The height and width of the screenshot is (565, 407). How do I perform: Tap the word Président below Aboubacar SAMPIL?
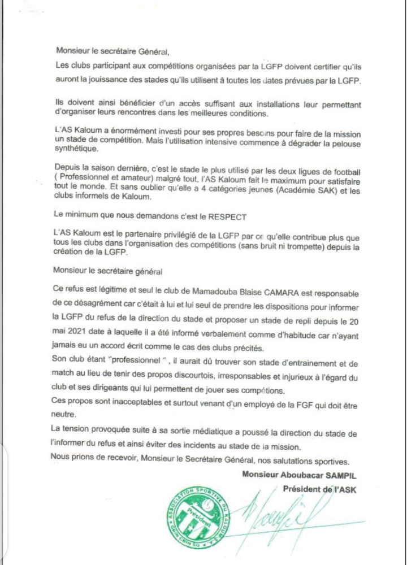302,489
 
